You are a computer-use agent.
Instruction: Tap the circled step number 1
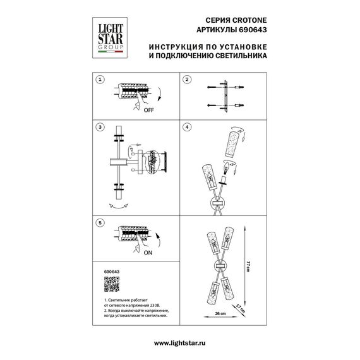click(99, 80)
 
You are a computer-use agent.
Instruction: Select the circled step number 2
click(187, 80)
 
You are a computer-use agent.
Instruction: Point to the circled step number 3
click(99, 127)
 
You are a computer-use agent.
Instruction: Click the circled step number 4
click(187, 127)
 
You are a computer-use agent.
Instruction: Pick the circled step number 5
click(99, 223)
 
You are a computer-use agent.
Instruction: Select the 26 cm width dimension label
click(219, 313)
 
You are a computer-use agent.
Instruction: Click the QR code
click(111, 283)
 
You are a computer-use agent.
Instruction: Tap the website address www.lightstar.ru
click(179, 342)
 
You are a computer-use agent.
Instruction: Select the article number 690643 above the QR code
click(111, 271)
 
